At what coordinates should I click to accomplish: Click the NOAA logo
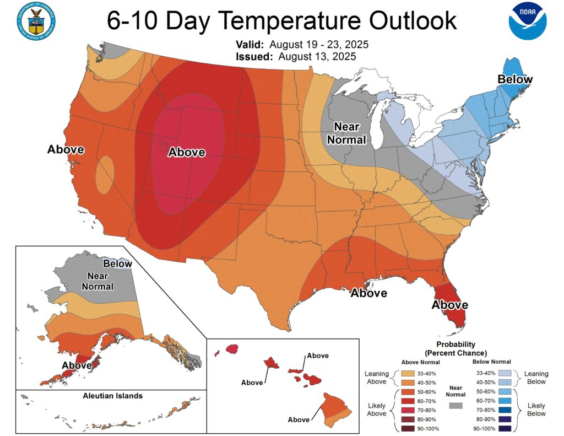pos(527,21)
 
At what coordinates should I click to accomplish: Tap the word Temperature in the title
pos(281,21)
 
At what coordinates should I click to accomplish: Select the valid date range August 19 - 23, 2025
pos(323,45)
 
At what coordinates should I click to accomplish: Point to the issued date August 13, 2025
pos(317,56)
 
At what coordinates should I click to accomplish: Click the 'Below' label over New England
pos(515,79)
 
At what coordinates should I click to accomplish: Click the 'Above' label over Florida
pos(449,305)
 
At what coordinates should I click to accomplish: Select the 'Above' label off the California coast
pos(66,149)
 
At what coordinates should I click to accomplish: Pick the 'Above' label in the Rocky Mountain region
pos(187,152)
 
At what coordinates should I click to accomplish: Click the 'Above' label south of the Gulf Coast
pos(369,293)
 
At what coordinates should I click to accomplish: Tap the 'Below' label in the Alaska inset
pos(118,263)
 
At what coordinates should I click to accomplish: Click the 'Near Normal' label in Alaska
pos(97,281)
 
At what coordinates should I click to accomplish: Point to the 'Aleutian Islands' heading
pos(112,396)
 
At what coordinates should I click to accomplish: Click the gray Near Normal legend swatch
pos(455,405)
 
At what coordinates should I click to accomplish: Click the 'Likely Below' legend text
pos(536,410)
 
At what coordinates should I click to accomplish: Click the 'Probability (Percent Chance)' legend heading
pos(455,349)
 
